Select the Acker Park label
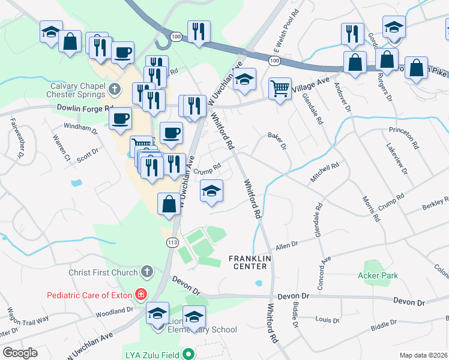[x=378, y=275]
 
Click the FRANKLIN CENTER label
[x=250, y=262]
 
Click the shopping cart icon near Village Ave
[x=280, y=89]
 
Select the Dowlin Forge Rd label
[x=85, y=109]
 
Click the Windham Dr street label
[x=80, y=128]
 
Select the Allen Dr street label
[x=286, y=245]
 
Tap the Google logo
[x=19, y=353]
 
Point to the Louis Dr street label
[x=328, y=320]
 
